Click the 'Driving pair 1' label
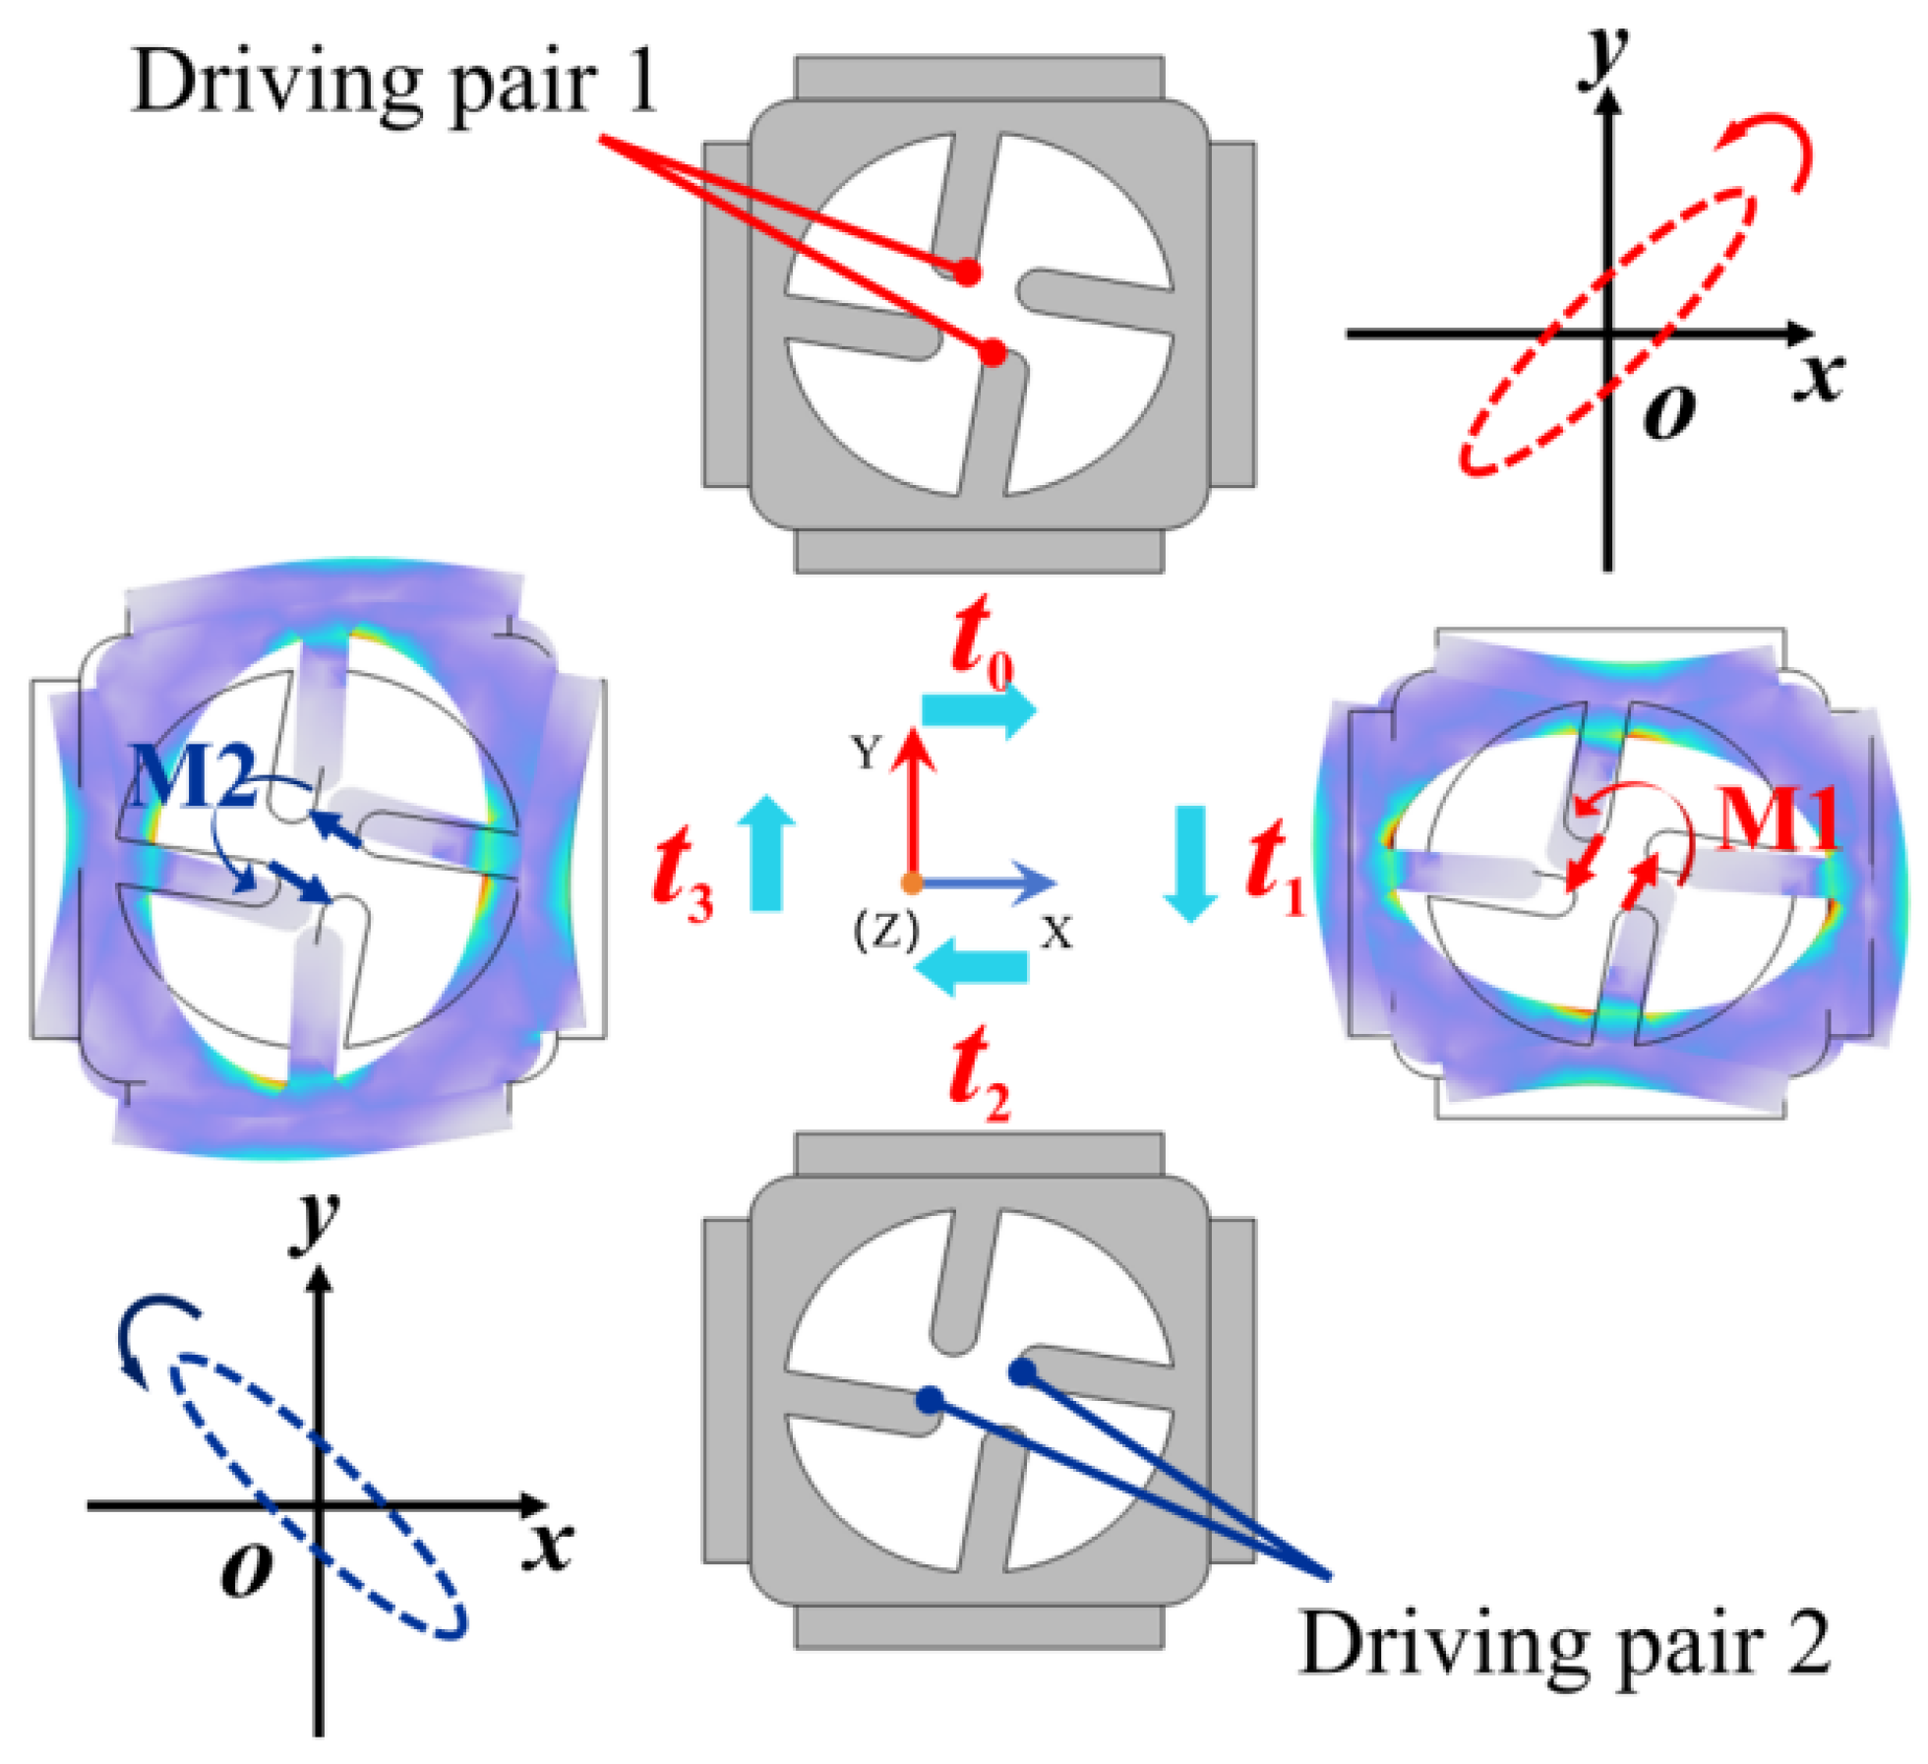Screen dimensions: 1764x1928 [x=393, y=84]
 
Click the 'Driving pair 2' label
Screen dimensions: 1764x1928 [x=1565, y=1644]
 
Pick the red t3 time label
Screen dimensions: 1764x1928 [x=684, y=870]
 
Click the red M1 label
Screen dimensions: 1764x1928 [x=1777, y=819]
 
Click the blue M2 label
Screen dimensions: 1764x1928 [x=193, y=775]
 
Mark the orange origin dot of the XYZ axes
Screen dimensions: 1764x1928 [x=912, y=882]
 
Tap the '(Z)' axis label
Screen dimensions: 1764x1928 [x=885, y=930]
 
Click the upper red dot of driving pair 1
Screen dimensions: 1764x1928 [x=969, y=273]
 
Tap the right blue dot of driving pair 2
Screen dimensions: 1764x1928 [x=1023, y=1370]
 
